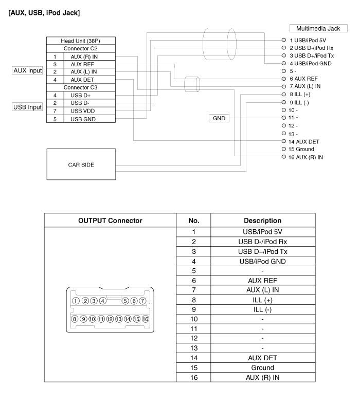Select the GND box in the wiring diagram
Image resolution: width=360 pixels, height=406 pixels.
click(219, 118)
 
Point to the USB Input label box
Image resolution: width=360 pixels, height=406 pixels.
click(27, 107)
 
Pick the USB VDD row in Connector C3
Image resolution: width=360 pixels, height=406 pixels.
click(83, 111)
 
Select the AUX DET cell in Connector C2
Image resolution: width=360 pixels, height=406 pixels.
click(83, 80)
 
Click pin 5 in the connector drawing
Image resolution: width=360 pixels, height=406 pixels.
click(124, 301)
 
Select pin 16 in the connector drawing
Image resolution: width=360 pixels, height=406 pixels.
click(146, 319)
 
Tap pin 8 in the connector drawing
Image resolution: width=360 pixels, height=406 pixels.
click(76, 319)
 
